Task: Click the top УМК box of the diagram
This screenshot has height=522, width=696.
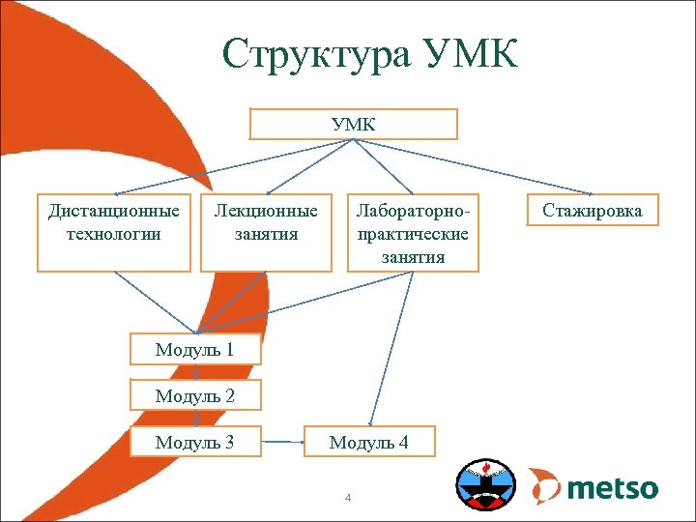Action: (x=353, y=125)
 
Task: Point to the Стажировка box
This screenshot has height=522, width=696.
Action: (x=592, y=211)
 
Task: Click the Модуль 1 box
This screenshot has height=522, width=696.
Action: (x=195, y=349)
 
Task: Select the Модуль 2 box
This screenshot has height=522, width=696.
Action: (x=195, y=394)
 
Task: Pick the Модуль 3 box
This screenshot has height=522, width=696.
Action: (x=195, y=442)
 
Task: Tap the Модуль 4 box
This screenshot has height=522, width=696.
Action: (x=369, y=442)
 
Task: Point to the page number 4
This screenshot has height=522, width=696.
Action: (x=348, y=498)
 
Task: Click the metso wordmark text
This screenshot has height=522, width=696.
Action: (x=612, y=487)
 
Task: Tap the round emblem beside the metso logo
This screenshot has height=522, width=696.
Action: (x=485, y=484)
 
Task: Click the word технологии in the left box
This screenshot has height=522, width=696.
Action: (x=113, y=234)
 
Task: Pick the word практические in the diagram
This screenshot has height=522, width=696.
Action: (x=413, y=234)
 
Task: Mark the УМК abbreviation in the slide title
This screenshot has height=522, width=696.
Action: (x=470, y=55)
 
